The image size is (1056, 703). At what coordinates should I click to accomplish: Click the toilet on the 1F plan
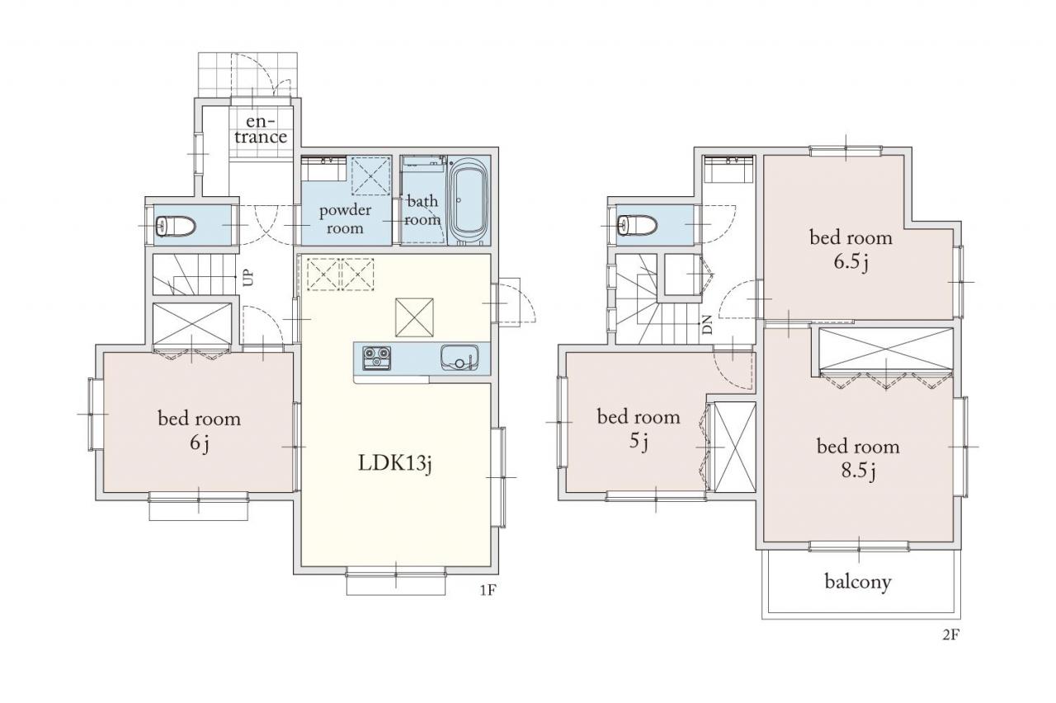176,227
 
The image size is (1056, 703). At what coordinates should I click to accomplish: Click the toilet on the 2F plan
638,225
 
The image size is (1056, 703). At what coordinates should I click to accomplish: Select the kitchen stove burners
376,358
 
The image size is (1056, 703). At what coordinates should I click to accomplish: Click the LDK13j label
395,463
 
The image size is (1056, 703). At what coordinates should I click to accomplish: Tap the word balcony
858,582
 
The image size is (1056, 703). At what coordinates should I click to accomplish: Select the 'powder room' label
345,219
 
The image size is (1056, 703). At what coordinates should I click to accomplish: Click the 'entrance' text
261,129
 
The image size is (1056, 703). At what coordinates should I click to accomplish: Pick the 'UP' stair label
248,277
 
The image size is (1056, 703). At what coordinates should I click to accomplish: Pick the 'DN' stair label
707,325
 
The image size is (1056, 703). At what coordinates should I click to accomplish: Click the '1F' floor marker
488,589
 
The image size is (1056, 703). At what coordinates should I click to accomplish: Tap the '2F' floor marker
951,635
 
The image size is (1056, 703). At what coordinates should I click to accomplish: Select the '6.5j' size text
851,262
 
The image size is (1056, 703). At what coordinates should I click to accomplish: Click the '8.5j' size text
859,471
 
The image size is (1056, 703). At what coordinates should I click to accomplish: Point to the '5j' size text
639,442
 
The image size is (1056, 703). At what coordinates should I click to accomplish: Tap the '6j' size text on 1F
200,443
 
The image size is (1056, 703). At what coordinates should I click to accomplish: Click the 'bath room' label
422,210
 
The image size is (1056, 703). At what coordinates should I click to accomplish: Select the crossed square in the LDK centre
414,317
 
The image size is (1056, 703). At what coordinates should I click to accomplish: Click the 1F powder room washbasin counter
324,169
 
